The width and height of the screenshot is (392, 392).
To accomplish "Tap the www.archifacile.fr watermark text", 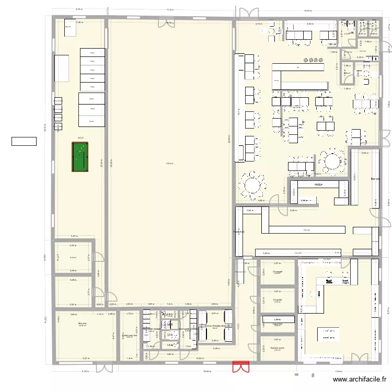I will pyautogui.click(x=360, y=381).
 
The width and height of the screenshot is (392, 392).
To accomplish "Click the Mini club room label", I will pyautogui.click(x=82, y=324).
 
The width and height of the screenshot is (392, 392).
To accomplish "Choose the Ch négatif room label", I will pyautogui.click(x=278, y=272).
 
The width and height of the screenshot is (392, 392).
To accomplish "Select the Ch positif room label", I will pyautogui.click(x=278, y=300).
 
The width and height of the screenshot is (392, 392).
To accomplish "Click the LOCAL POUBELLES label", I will pyautogui.click(x=215, y=326).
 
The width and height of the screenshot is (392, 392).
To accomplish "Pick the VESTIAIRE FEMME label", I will pyautogui.click(x=152, y=330).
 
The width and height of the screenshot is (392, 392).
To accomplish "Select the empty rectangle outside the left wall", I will pyautogui.click(x=24, y=141).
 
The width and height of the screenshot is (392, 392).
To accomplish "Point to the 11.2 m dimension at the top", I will pyautogui.click(x=170, y=9).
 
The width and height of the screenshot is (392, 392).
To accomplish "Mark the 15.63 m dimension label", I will pyautogui.click(x=207, y=372).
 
